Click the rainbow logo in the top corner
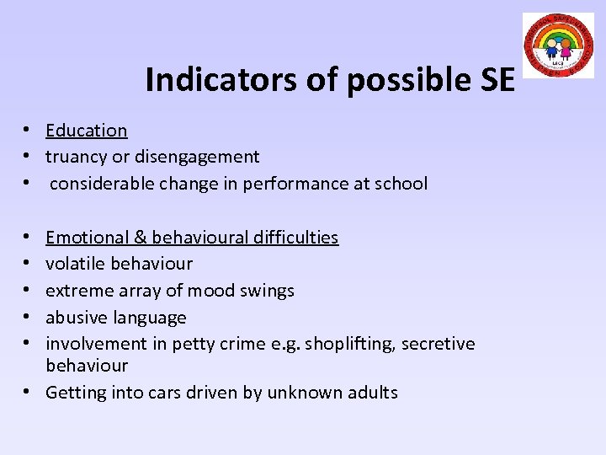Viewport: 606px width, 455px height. click(558, 45)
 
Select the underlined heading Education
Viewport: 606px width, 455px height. click(87, 131)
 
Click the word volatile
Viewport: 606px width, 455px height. click(77, 264)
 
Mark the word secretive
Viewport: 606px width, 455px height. click(438, 344)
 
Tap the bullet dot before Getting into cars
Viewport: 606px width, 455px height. click(29, 393)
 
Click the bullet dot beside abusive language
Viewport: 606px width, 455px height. click(29, 318)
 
